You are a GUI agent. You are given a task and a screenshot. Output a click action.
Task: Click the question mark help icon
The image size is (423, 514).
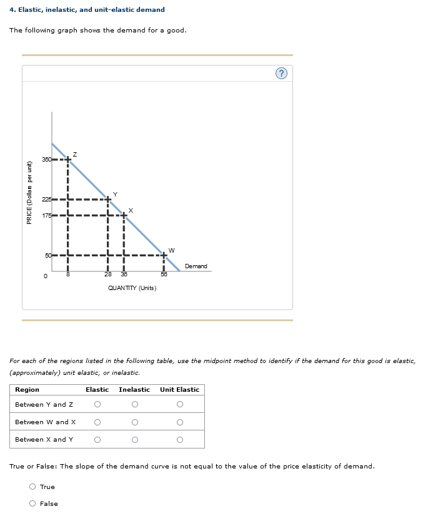tap(281, 74)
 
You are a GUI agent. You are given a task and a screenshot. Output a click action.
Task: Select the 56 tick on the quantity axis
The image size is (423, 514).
tap(164, 274)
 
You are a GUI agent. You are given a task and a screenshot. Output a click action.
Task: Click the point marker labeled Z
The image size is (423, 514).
tap(68, 160)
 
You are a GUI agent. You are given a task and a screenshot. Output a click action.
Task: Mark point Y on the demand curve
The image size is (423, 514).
tap(108, 200)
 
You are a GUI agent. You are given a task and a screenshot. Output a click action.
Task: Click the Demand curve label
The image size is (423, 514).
tap(196, 266)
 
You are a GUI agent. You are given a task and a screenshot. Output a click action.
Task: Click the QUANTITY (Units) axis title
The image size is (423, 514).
tap(132, 288)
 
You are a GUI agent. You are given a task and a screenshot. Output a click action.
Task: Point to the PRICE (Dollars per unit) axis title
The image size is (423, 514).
tap(29, 192)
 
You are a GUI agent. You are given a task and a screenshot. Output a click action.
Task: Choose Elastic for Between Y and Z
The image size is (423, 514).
tap(97, 404)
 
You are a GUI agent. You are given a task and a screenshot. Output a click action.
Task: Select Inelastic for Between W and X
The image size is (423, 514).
tap(134, 422)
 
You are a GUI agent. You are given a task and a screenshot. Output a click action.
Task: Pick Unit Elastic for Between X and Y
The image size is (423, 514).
tap(179, 440)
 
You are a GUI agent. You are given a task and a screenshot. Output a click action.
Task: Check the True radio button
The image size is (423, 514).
tap(32, 487)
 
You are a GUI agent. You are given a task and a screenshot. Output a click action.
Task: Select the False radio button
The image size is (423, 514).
tap(32, 503)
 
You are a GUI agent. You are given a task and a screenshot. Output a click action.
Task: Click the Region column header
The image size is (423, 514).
tap(27, 390)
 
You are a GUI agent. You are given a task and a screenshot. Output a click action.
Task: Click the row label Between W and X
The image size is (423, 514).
tap(45, 422)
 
